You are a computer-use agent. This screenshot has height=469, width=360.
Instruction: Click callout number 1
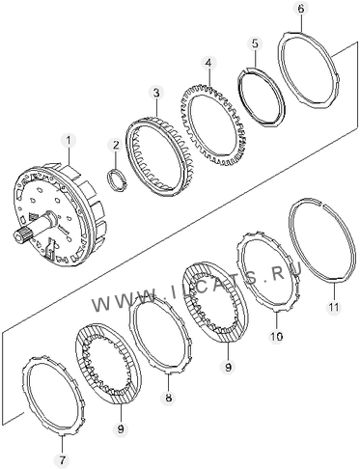(69, 142)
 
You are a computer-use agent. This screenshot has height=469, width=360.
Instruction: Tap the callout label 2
(116, 146)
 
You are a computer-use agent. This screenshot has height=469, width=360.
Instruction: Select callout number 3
(156, 94)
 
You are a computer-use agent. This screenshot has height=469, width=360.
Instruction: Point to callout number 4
(208, 63)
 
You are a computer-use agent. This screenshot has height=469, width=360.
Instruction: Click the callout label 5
(255, 44)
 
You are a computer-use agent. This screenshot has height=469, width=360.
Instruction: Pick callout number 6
(300, 9)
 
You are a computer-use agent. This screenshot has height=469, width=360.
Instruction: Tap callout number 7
(63, 460)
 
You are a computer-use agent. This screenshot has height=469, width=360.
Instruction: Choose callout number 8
(169, 398)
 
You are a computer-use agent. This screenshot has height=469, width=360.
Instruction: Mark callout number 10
(277, 336)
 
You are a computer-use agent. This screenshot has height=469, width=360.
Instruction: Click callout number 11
(333, 308)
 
